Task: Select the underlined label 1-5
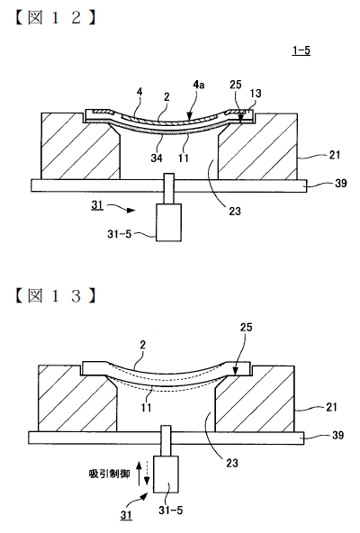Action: (301, 50)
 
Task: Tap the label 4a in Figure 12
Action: (199, 85)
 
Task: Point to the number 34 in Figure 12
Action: (157, 158)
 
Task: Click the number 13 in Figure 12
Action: (256, 93)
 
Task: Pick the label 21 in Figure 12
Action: (335, 155)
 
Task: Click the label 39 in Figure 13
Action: (337, 435)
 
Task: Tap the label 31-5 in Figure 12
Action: (120, 234)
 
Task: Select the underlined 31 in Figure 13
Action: (126, 515)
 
